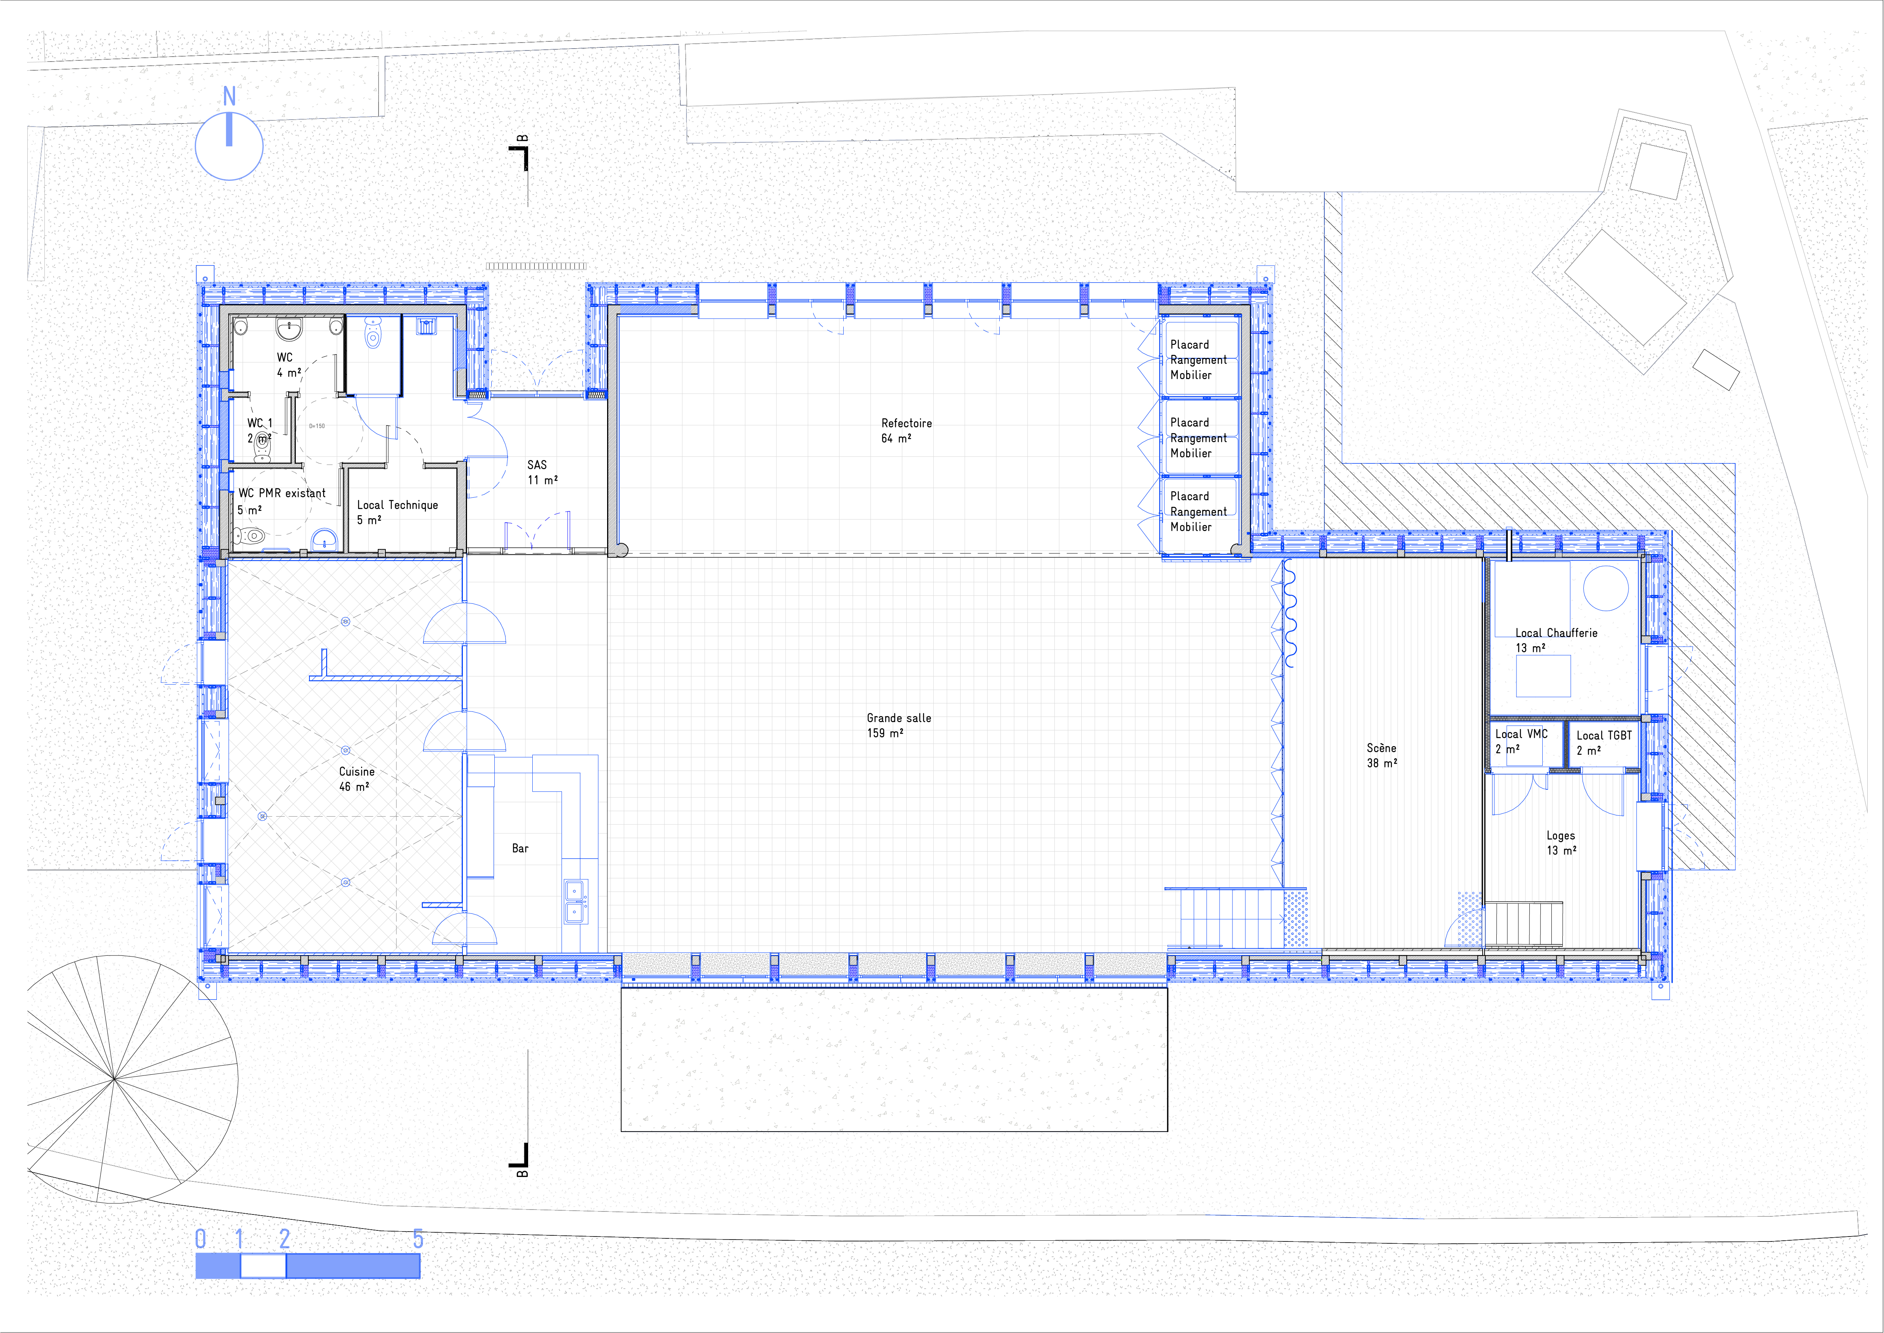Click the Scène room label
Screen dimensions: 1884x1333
pyautogui.click(x=1382, y=755)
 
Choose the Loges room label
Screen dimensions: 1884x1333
pyautogui.click(x=1561, y=843)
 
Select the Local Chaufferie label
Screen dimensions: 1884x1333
pyautogui.click(x=1556, y=640)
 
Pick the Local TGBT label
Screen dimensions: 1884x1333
pyautogui.click(x=1603, y=743)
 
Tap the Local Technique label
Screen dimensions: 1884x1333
pyautogui.click(x=397, y=512)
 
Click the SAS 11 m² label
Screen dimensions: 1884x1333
pyautogui.click(x=543, y=472)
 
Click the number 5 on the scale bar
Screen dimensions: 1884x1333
pyautogui.click(x=418, y=1239)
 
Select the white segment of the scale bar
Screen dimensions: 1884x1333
pyautogui.click(x=263, y=1266)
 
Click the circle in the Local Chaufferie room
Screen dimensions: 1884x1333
pyautogui.click(x=1605, y=588)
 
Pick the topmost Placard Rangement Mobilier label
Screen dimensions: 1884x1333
pyautogui.click(x=1198, y=359)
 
